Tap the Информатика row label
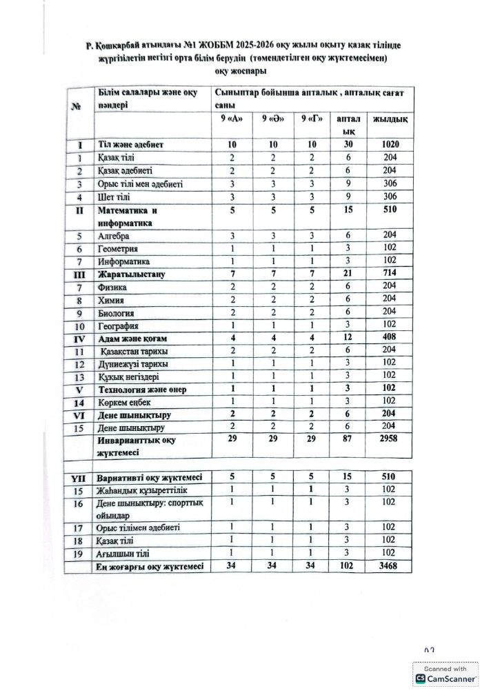[x=123, y=261]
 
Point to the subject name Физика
[x=113, y=288]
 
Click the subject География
[x=119, y=326]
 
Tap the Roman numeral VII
[x=78, y=477]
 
